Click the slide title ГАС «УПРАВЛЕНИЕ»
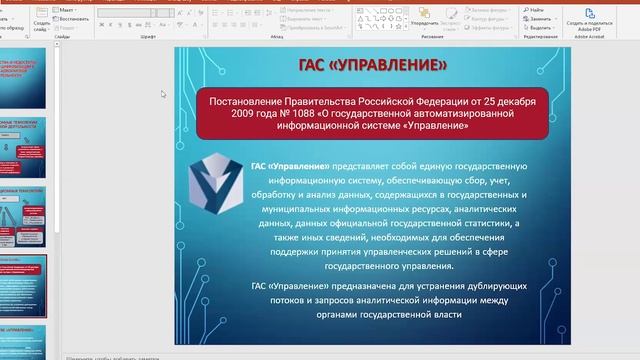click(373, 66)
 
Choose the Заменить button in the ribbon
click(542, 18)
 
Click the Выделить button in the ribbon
click(542, 27)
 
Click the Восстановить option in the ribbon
click(72, 18)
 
